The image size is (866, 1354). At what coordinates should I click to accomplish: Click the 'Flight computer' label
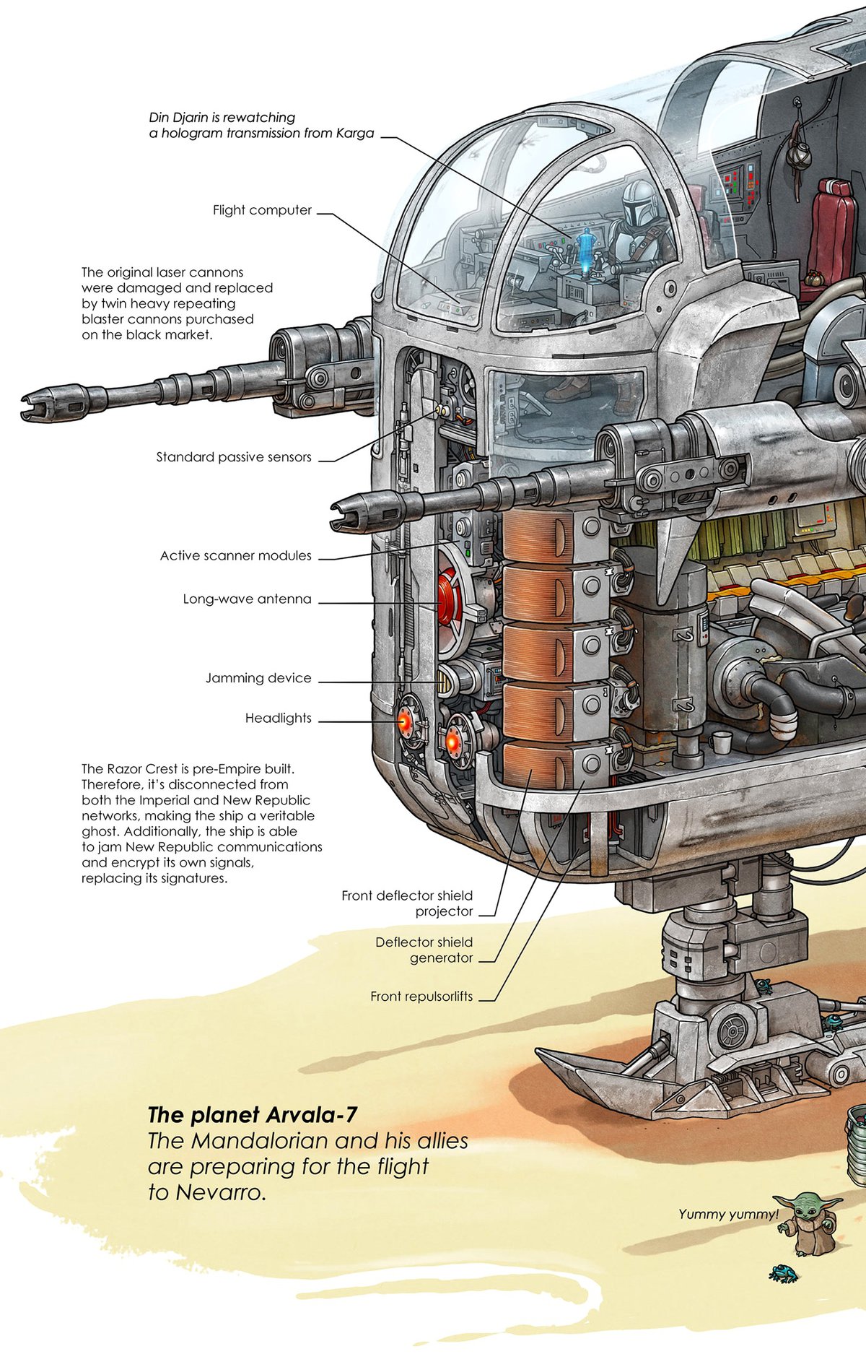(262, 210)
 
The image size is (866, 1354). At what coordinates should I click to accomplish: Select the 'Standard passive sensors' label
(234, 457)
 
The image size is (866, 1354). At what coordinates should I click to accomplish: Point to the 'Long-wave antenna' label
(247, 599)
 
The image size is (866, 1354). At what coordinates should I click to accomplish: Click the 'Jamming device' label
(258, 678)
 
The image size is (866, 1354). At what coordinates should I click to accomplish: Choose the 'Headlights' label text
(278, 719)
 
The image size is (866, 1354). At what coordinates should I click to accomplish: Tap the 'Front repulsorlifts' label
(421, 997)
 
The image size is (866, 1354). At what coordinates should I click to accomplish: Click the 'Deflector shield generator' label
(424, 950)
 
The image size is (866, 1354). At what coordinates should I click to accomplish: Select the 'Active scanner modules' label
(236, 556)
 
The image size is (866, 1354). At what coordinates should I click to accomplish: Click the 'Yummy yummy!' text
(728, 1215)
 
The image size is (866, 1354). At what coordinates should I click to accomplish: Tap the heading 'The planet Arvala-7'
(252, 1115)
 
